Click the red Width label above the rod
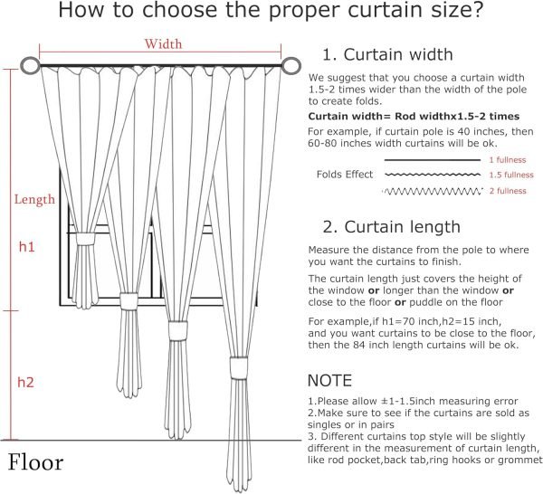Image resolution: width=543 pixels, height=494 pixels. (x=164, y=43)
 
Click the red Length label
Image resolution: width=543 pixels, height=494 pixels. (x=33, y=199)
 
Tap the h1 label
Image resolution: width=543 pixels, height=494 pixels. (x=27, y=246)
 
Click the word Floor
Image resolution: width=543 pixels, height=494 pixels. (x=36, y=463)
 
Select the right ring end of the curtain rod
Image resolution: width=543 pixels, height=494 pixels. (x=291, y=66)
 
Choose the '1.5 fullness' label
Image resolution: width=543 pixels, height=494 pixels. (x=510, y=175)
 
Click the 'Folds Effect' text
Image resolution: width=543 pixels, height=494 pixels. (x=345, y=175)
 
